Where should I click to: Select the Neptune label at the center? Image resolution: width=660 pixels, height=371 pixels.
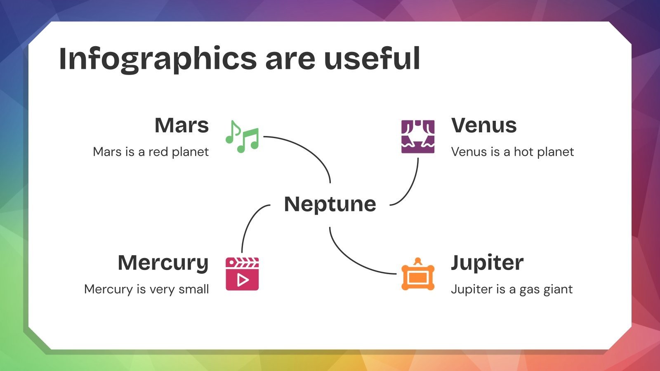(330, 204)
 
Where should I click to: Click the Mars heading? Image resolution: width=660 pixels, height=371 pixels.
(181, 125)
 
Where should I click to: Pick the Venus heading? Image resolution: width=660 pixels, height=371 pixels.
(484, 125)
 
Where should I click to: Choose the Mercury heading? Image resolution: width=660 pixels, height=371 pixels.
(163, 263)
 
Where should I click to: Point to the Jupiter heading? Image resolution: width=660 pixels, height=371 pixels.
(487, 263)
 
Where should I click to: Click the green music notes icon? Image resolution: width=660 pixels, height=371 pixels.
(242, 136)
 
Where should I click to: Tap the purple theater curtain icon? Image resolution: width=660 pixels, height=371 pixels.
(418, 136)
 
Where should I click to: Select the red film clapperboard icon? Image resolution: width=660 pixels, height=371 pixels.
(242, 274)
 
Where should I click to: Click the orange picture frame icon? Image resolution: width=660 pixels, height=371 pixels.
(418, 274)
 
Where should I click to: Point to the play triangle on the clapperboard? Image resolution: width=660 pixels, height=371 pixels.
(243, 280)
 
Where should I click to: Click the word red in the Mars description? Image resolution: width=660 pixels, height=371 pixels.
(158, 152)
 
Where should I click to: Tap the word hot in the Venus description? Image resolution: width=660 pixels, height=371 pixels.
(523, 152)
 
